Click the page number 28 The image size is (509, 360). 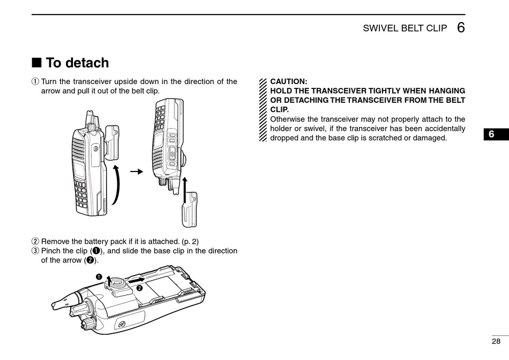[496, 341]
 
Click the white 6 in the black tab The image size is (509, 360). [496, 134]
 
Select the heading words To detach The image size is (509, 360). [77, 63]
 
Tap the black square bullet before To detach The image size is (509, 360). [36, 63]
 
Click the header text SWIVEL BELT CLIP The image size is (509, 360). [405, 28]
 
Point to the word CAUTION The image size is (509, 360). [289, 81]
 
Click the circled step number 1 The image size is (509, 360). [35, 82]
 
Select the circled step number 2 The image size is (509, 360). [35, 242]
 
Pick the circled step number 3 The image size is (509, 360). [35, 251]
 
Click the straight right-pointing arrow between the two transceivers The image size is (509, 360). [138, 171]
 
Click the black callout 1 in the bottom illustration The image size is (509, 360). [99, 276]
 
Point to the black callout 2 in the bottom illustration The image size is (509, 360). [139, 288]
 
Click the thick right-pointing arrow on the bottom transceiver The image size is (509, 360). [137, 280]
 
